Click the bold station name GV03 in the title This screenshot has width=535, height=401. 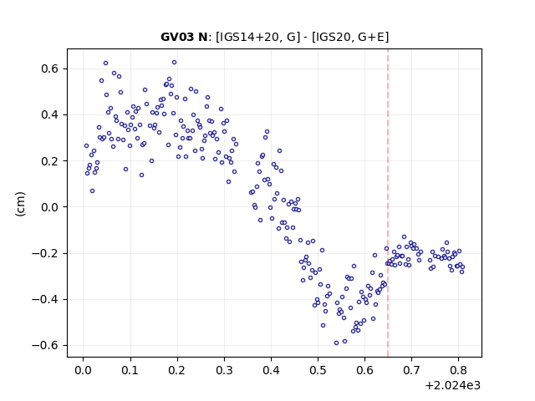(178, 37)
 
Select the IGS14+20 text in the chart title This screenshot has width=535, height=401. (248, 37)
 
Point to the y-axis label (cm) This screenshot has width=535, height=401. (20, 203)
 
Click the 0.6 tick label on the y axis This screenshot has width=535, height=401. (50, 69)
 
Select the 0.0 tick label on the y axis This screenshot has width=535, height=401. (50, 207)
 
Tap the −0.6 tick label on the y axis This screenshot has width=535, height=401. (46, 345)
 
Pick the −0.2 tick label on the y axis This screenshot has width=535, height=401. (46, 253)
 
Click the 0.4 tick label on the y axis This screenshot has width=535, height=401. (50, 115)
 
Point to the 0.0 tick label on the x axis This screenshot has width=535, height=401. (84, 370)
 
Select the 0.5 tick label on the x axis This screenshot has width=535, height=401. (318, 370)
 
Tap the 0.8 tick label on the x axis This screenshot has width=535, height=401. (459, 370)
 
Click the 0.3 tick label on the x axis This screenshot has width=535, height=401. (224, 370)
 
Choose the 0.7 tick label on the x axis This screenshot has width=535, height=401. (412, 370)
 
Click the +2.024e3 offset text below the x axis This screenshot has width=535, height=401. (453, 385)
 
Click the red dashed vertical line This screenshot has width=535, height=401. (388, 203)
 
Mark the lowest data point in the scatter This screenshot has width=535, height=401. (336, 343)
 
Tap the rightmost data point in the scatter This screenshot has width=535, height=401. (462, 267)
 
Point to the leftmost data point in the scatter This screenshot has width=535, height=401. (86, 146)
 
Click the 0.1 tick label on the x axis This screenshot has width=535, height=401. (130, 370)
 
